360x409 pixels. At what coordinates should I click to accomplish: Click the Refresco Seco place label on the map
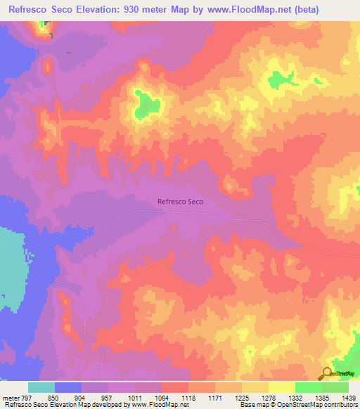181,202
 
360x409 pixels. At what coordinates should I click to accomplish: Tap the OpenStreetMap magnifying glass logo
327,374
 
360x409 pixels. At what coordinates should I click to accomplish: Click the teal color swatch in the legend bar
41,387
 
